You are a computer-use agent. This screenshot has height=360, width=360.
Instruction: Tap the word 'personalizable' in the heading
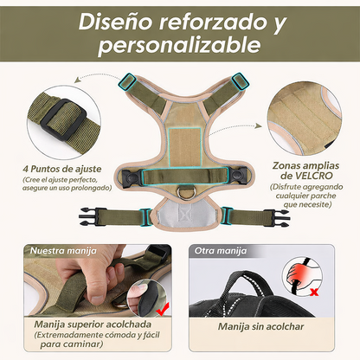coord(179,44)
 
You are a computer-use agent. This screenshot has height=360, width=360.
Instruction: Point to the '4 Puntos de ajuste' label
coord(54,170)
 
